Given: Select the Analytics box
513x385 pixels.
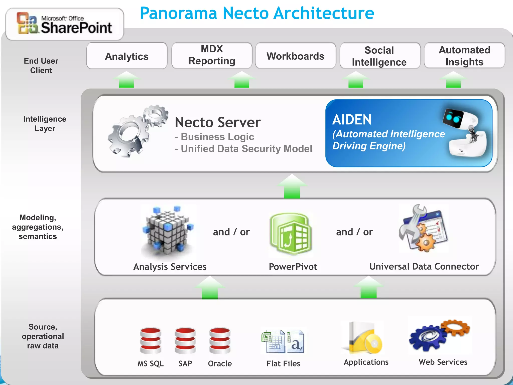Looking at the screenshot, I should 127,56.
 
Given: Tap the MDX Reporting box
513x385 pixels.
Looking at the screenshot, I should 212,55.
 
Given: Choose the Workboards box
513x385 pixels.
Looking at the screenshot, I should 295,56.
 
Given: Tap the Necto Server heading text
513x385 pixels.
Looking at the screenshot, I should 217,123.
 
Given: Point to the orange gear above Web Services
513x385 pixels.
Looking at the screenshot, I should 455,328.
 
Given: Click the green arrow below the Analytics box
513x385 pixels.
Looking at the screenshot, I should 126,80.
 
